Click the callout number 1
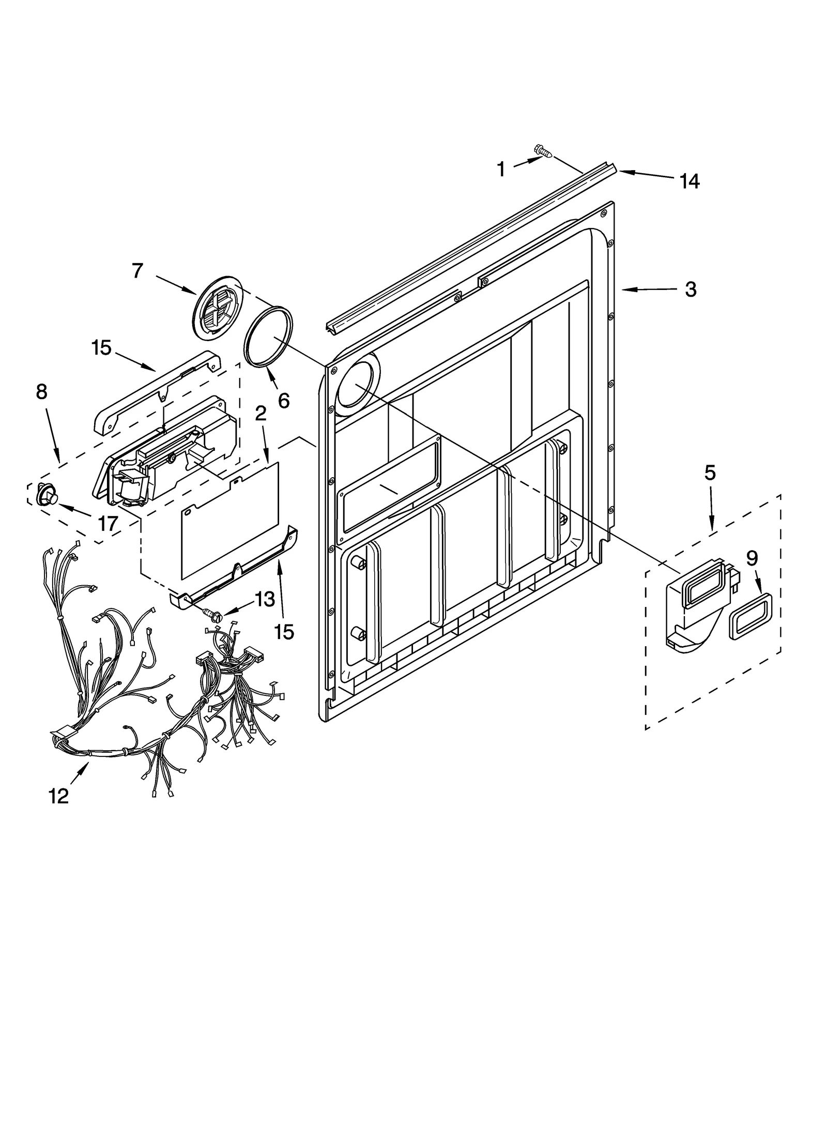[x=501, y=169]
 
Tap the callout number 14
[x=690, y=181]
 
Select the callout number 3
[x=691, y=290]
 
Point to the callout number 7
[x=137, y=270]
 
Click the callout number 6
[x=284, y=400]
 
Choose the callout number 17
[x=108, y=524]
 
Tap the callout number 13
[x=265, y=600]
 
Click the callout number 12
[x=59, y=796]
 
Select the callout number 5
[x=710, y=473]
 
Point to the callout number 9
[x=752, y=558]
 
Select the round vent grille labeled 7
[x=217, y=307]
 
